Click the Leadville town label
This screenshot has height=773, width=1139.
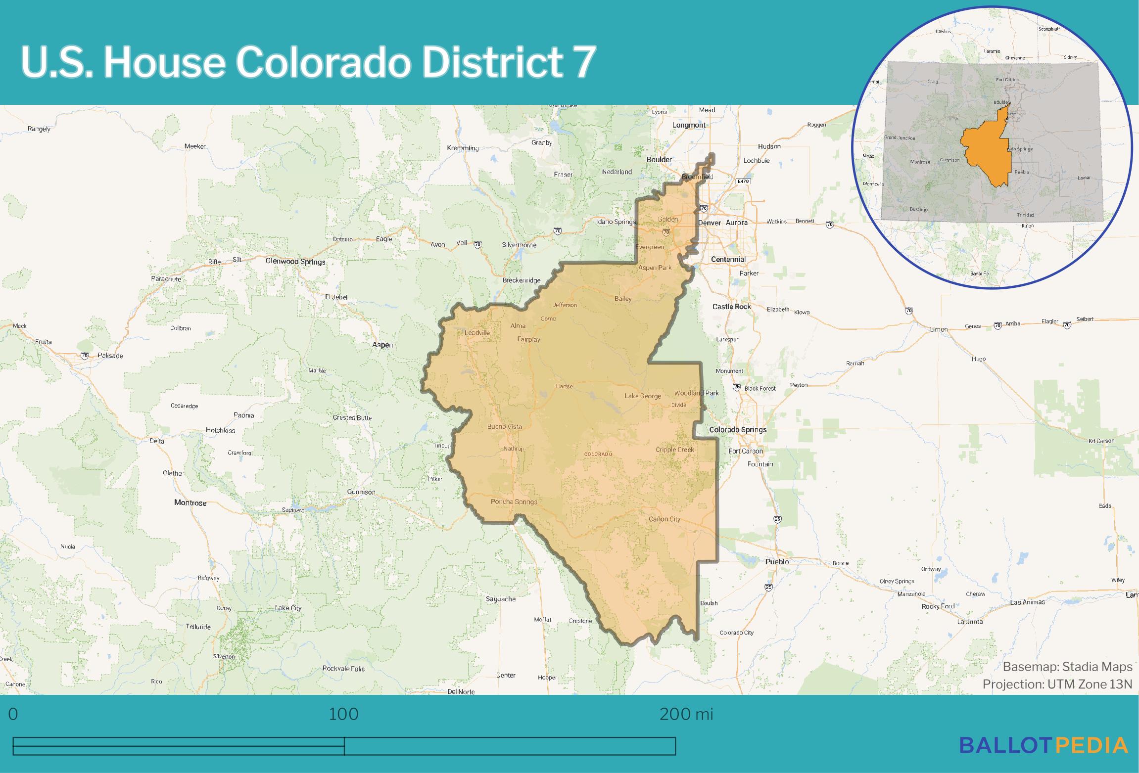[477, 333]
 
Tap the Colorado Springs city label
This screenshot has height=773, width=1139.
[738, 429]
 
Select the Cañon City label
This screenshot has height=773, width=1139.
[664, 519]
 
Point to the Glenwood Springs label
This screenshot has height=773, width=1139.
[295, 261]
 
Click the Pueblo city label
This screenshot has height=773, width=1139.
[777, 561]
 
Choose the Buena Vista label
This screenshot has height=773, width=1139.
[504, 426]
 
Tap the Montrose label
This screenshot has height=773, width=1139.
[190, 502]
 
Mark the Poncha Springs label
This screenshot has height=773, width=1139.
[514, 501]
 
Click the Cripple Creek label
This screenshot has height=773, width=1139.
[674, 450]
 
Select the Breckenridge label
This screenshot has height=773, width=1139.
[521, 280]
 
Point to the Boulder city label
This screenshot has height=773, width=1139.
[659, 159]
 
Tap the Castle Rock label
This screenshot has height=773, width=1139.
[731, 307]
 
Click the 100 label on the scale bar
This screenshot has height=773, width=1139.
[343, 715]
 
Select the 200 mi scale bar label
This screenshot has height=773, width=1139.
[686, 715]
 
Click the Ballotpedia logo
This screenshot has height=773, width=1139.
[1044, 745]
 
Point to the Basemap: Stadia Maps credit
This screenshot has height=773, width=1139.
[1067, 667]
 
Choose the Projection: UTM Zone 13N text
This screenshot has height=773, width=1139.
[1057, 684]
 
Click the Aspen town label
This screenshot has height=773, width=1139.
[382, 345]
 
